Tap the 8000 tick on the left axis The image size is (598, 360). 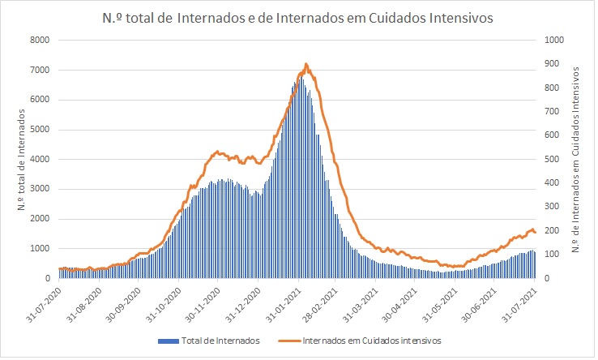coord(39,41)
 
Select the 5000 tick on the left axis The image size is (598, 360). coord(39,130)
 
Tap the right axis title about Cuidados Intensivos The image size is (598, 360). coord(578,160)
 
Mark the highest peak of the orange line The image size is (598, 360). coord(305,64)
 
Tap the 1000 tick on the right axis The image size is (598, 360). coord(554,41)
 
